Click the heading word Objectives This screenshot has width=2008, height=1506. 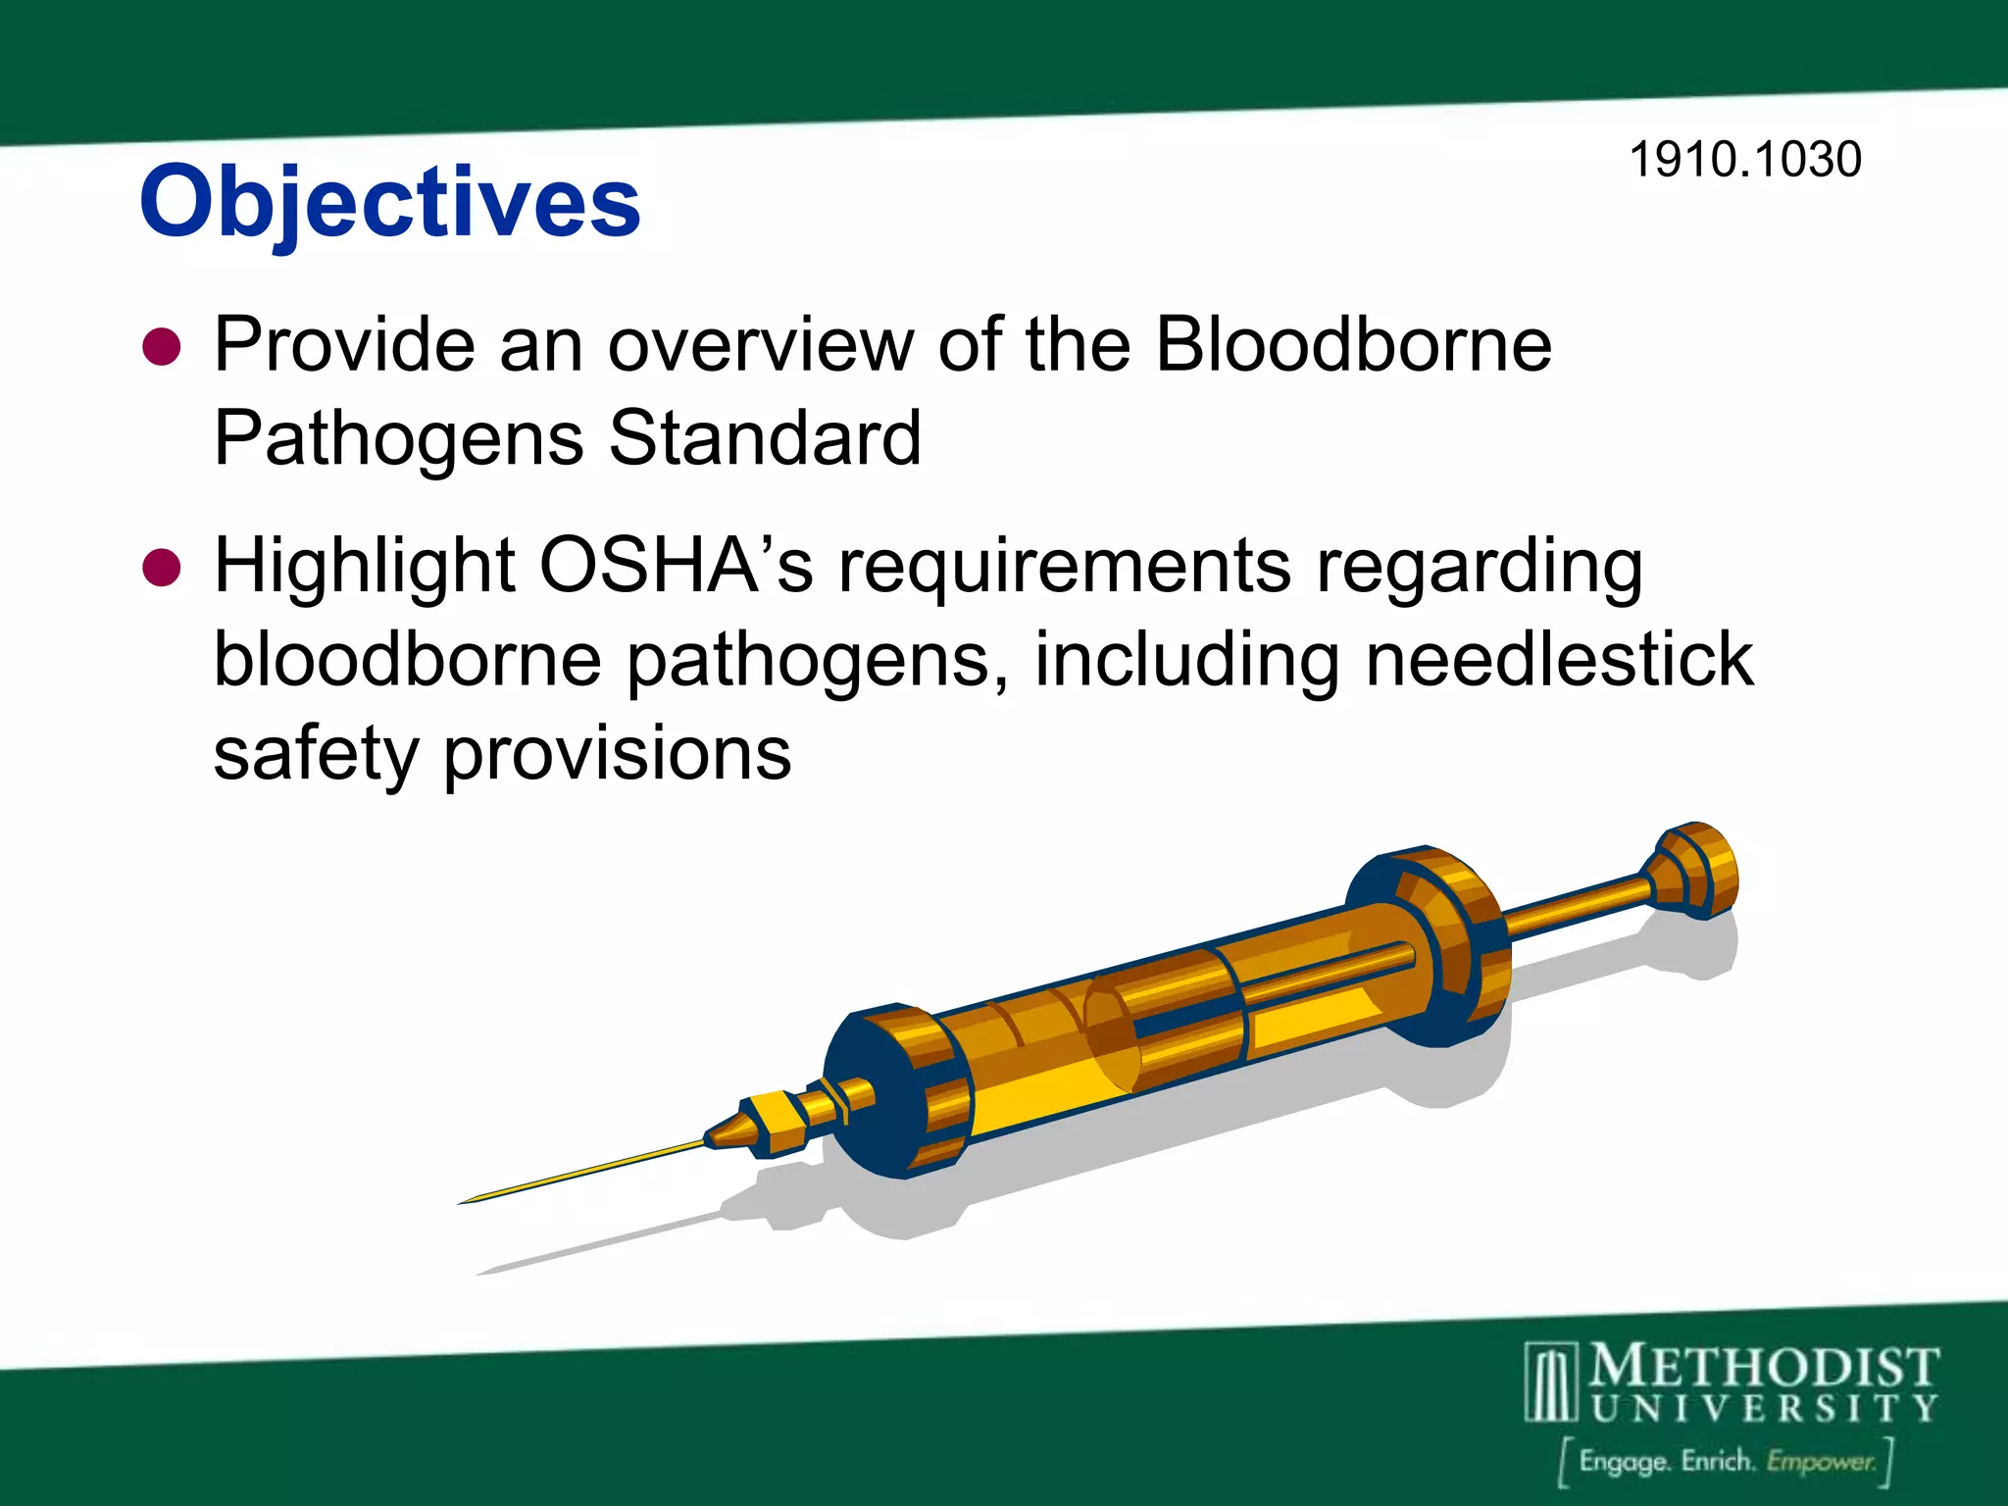pyautogui.click(x=390, y=202)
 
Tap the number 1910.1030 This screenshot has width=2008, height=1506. pyautogui.click(x=1744, y=160)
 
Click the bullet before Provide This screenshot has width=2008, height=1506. pyautogui.click(x=162, y=347)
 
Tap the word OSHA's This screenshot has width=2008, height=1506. pyautogui.click(x=677, y=567)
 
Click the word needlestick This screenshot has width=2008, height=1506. pyautogui.click(x=1559, y=660)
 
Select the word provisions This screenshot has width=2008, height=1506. pyautogui.click(x=618, y=755)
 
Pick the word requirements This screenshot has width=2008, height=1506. pyautogui.click(x=1065, y=567)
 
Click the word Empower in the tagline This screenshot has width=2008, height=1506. pyautogui.click(x=1821, y=1462)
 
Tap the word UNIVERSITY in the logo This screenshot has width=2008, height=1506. pyautogui.click(x=1764, y=1409)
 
